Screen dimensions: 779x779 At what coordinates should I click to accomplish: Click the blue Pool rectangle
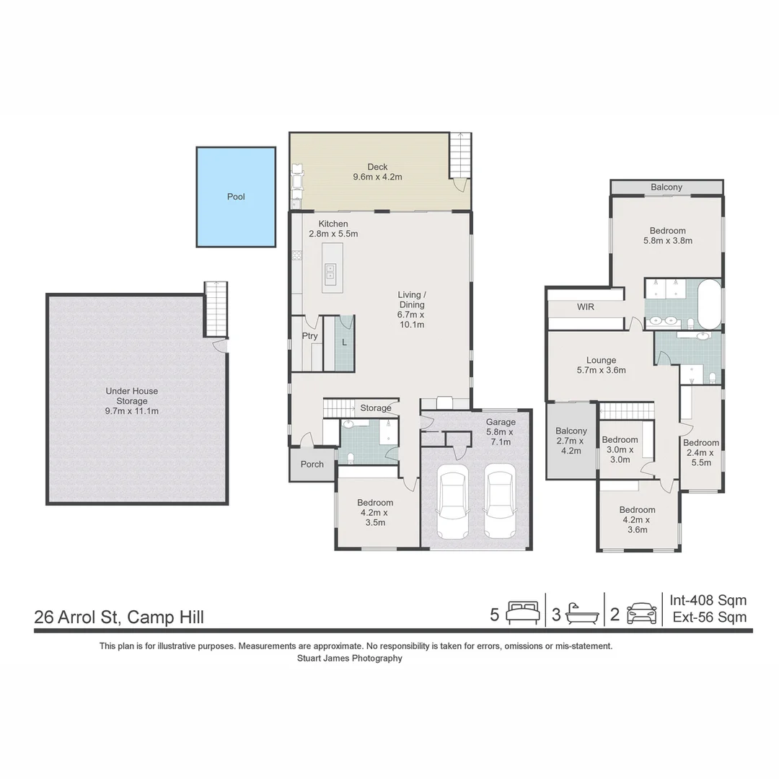click(x=236, y=197)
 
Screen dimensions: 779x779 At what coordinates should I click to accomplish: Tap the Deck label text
click(x=377, y=172)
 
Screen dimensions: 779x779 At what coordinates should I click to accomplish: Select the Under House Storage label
click(x=132, y=401)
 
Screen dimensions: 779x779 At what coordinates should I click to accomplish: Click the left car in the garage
click(x=453, y=504)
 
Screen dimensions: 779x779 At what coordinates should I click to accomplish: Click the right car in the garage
click(x=499, y=504)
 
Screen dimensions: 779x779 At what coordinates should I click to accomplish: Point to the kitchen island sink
click(x=330, y=271)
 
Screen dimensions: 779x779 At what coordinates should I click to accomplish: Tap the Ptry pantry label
click(x=310, y=336)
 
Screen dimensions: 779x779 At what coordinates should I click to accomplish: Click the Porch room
click(x=312, y=464)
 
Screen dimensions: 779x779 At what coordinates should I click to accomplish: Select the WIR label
click(x=585, y=307)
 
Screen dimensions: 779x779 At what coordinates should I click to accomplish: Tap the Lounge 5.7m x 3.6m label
click(x=601, y=365)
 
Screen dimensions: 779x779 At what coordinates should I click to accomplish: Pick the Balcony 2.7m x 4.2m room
click(x=571, y=441)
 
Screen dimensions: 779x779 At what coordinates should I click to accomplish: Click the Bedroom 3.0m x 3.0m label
click(x=620, y=449)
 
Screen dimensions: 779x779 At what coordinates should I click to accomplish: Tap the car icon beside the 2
click(x=641, y=614)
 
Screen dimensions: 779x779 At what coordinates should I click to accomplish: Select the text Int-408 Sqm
click(x=708, y=600)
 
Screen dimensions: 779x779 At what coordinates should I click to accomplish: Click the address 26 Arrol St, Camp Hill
click(x=119, y=617)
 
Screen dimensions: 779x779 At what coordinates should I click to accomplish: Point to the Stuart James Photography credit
click(x=350, y=659)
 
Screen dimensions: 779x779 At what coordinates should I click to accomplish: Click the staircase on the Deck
click(x=459, y=154)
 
